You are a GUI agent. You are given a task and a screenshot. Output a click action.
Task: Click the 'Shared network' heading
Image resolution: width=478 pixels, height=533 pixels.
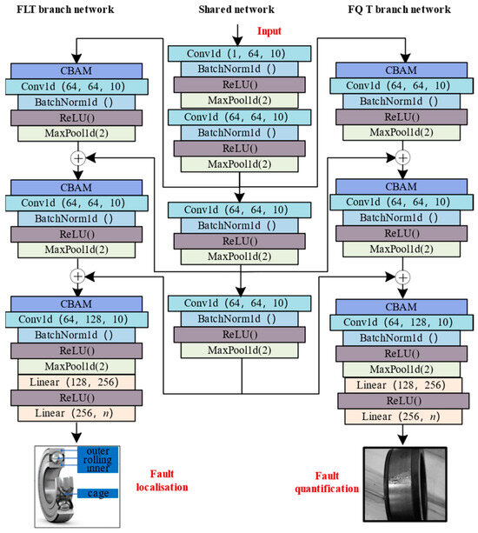click(236, 11)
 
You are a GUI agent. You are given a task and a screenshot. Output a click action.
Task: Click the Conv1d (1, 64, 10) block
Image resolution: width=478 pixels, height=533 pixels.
click(236, 54)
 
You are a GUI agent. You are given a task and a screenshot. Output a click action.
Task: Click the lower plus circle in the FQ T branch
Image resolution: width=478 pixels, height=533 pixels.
click(402, 276)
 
